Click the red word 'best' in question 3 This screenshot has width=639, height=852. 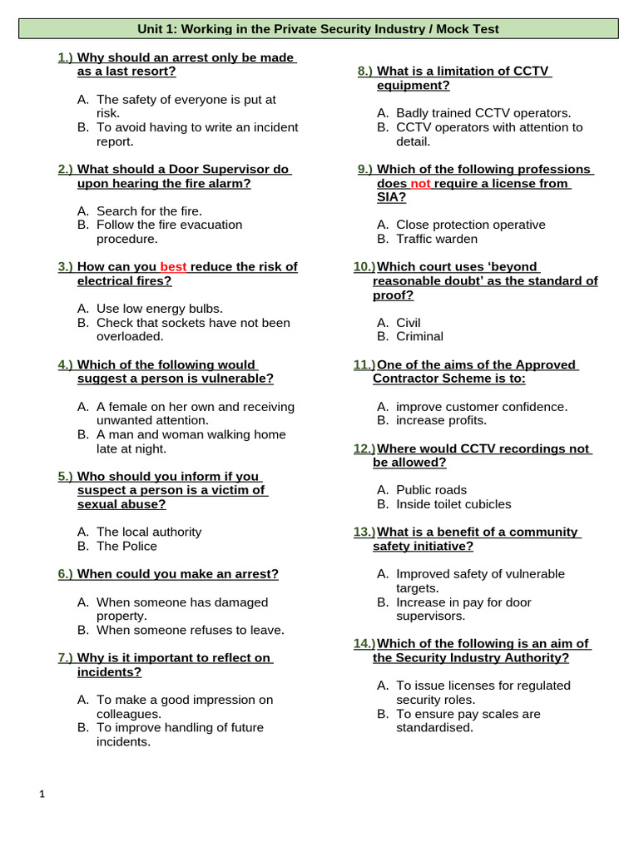(x=173, y=267)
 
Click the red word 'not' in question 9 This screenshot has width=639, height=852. (x=420, y=183)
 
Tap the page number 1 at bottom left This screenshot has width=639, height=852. (x=42, y=795)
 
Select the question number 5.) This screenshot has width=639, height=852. (x=66, y=476)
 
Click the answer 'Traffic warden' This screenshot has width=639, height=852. (x=437, y=239)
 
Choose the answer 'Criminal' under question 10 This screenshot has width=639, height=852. (x=419, y=336)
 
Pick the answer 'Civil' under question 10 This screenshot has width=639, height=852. (x=409, y=322)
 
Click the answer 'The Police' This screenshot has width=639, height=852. (x=126, y=546)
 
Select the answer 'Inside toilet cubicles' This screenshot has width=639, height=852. (x=453, y=504)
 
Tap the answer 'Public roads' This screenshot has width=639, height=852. (x=431, y=490)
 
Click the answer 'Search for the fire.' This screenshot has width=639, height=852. (x=149, y=211)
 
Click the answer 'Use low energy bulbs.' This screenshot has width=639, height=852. (x=159, y=309)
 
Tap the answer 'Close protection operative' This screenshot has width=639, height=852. (x=470, y=225)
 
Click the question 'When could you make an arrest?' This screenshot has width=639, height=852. (x=178, y=574)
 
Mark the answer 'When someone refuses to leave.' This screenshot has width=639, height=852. (x=190, y=630)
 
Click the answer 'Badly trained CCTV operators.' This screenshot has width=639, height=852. (x=483, y=113)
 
